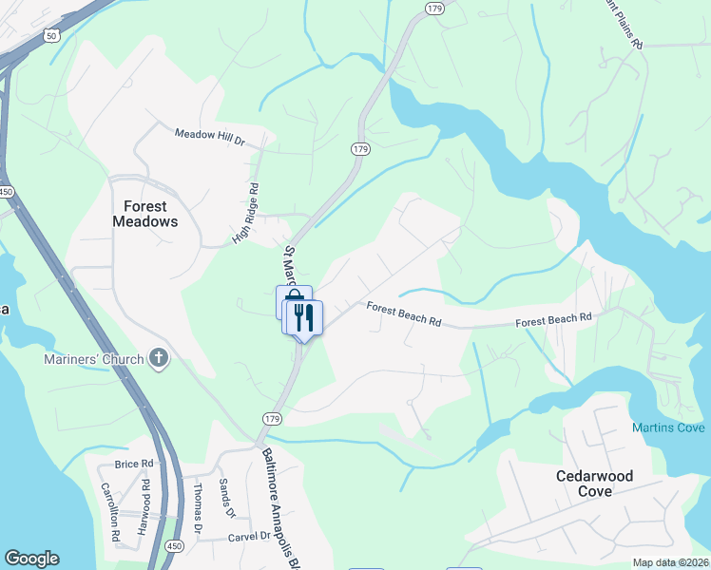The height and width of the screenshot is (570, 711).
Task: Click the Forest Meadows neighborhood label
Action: (144, 214)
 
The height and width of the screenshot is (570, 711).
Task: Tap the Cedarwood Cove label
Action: (595, 483)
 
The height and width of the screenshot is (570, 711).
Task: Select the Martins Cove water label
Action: (669, 428)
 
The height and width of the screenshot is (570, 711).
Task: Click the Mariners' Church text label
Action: (93, 359)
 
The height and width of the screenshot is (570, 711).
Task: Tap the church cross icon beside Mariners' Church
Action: (159, 358)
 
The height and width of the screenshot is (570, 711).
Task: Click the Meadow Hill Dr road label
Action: (210, 136)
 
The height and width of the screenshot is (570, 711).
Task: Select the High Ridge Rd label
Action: (245, 215)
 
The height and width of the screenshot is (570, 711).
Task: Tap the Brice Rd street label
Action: (133, 464)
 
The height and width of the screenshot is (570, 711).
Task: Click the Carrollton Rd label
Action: (108, 512)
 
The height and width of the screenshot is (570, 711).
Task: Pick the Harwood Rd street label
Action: (146, 497)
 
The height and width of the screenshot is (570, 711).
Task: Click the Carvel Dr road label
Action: (250, 538)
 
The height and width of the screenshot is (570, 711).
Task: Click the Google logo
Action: (31, 559)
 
